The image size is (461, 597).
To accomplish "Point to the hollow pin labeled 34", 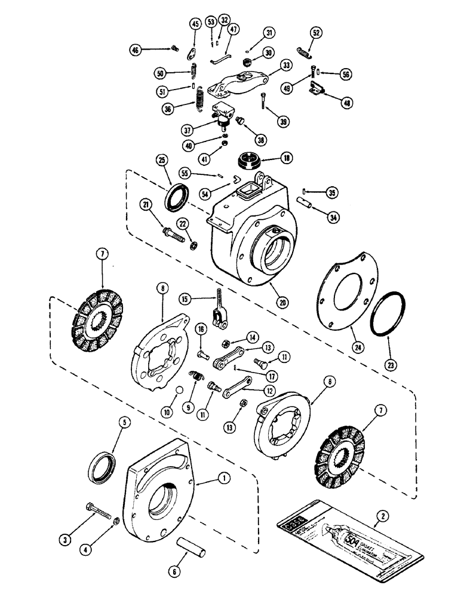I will tap(306, 206).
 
